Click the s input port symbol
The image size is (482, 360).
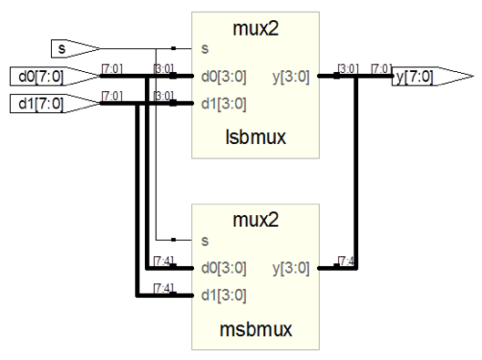pyautogui.click(x=75, y=48)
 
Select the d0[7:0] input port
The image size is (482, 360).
pyautogui.click(x=56, y=76)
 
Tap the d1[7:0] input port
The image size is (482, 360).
pyautogui.click(x=56, y=104)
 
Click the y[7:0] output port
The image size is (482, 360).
pyautogui.click(x=433, y=77)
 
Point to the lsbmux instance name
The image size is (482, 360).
pyautogui.click(x=255, y=137)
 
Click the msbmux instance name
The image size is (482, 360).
pyautogui.click(x=255, y=329)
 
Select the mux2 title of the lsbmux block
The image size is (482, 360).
pyautogui.click(x=255, y=28)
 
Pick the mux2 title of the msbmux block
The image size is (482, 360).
pyautogui.click(x=255, y=220)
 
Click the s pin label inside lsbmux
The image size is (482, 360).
pyautogui.click(x=205, y=49)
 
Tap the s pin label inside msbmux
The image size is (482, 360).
pyautogui.click(x=205, y=241)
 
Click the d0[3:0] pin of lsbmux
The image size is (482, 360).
pyautogui.click(x=224, y=77)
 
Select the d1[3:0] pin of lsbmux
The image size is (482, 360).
pyautogui.click(x=224, y=104)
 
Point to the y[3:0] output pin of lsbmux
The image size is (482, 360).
pyautogui.click(x=291, y=77)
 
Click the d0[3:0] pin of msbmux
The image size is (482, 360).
pyautogui.click(x=224, y=268)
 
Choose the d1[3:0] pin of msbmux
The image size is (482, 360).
pyautogui.click(x=224, y=295)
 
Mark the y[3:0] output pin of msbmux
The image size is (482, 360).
pyautogui.click(x=291, y=268)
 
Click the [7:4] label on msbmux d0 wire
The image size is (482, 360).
pyautogui.click(x=163, y=261)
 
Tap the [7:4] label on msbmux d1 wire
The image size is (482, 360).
pyautogui.click(x=163, y=288)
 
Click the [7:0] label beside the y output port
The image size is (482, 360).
pyautogui.click(x=382, y=68)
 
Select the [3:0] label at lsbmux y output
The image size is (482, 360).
pyautogui.click(x=348, y=68)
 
